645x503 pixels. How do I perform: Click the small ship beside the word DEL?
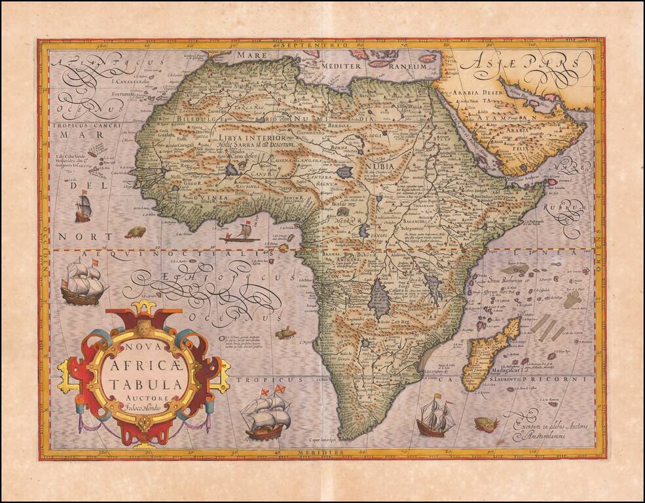[83, 208]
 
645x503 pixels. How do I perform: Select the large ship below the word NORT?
[83, 282]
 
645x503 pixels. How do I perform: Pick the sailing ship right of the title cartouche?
[266, 414]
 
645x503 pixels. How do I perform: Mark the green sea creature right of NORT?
[136, 232]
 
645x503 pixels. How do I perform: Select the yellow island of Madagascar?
[488, 354]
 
